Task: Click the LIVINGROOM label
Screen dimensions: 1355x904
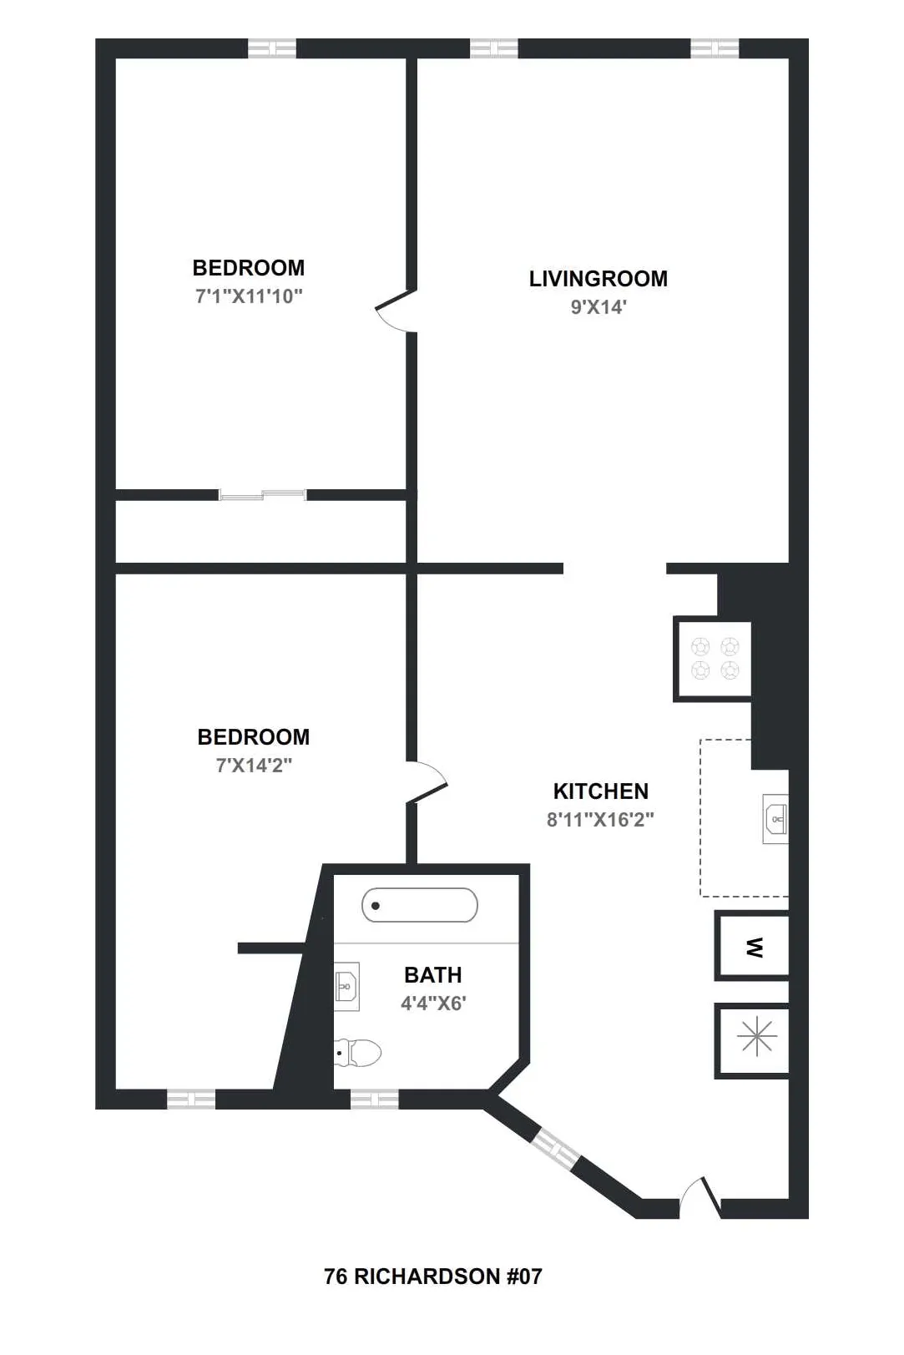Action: click(598, 279)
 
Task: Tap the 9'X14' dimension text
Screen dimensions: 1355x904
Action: click(598, 307)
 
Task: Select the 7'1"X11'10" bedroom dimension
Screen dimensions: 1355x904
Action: click(249, 296)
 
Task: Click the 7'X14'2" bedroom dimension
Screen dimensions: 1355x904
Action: click(254, 765)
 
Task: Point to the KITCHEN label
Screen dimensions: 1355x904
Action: click(600, 791)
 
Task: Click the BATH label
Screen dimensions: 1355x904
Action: click(432, 975)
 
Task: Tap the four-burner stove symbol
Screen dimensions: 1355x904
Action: click(715, 659)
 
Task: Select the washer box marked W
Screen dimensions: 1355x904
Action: click(753, 947)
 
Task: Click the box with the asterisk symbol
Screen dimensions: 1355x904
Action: click(755, 1037)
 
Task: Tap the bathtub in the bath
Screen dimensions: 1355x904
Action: click(419, 905)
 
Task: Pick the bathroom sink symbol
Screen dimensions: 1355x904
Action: click(346, 986)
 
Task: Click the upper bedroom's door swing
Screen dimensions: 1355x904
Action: click(394, 311)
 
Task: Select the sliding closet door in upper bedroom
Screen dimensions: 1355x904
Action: click(262, 495)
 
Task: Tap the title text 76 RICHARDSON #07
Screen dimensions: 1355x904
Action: click(432, 1277)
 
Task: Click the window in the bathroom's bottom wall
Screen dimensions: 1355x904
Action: click(373, 1100)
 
